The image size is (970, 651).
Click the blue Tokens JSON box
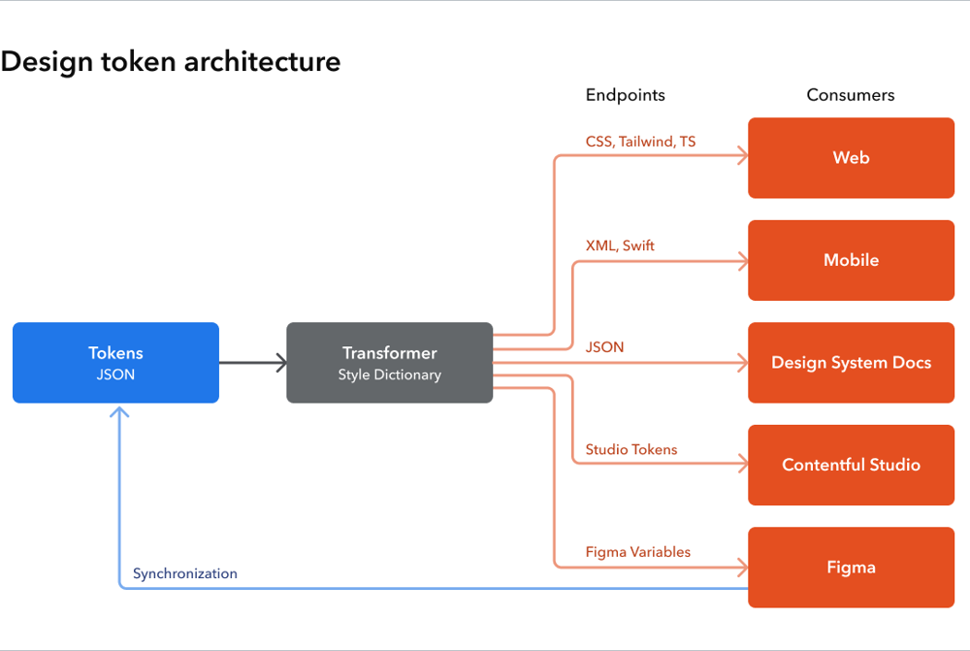coord(115,363)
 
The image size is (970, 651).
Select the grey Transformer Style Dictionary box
coord(389,363)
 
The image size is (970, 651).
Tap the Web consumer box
coord(851,158)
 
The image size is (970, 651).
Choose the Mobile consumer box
coord(851,260)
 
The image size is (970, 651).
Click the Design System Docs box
coord(851,363)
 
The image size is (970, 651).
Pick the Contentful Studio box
coord(851,465)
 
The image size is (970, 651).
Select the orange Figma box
coord(851,568)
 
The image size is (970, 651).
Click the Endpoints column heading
coord(626,95)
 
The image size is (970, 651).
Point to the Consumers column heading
coord(851,95)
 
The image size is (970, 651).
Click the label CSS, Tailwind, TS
coord(640,142)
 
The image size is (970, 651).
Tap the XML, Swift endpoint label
coord(620,245)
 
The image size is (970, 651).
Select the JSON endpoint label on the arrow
coord(604,347)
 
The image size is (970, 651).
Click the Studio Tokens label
coord(631,450)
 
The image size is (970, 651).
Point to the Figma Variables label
coord(638,552)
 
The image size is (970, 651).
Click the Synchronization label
coord(185,573)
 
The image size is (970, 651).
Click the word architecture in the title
coord(262,62)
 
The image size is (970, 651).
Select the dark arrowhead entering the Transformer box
coord(282,363)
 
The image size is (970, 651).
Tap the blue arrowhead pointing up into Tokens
coord(119,411)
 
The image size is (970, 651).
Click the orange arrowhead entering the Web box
coord(742,156)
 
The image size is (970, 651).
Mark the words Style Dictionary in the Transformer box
coord(389,375)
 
